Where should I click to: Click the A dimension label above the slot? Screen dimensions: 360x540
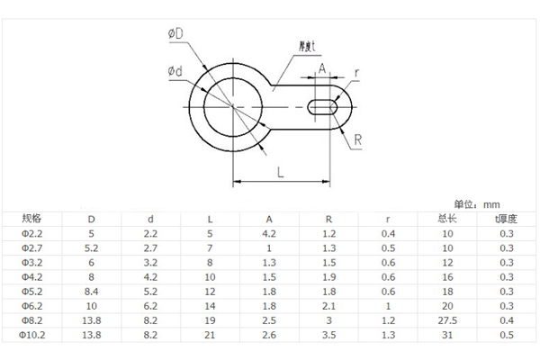point(321,67)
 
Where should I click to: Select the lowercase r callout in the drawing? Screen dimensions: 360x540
point(357,72)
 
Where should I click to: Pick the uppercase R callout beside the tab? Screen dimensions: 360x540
point(357,139)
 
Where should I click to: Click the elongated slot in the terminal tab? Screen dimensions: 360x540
point(323,107)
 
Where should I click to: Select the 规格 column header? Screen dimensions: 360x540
point(31,219)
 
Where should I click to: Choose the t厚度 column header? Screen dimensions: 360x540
point(507,219)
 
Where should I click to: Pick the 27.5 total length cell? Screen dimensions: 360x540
point(448,320)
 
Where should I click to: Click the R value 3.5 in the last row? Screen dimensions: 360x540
point(328,335)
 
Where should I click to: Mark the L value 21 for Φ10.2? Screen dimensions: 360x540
point(210,335)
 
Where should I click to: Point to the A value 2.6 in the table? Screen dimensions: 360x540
point(270,335)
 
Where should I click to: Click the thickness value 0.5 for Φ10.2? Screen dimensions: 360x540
point(507,335)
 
